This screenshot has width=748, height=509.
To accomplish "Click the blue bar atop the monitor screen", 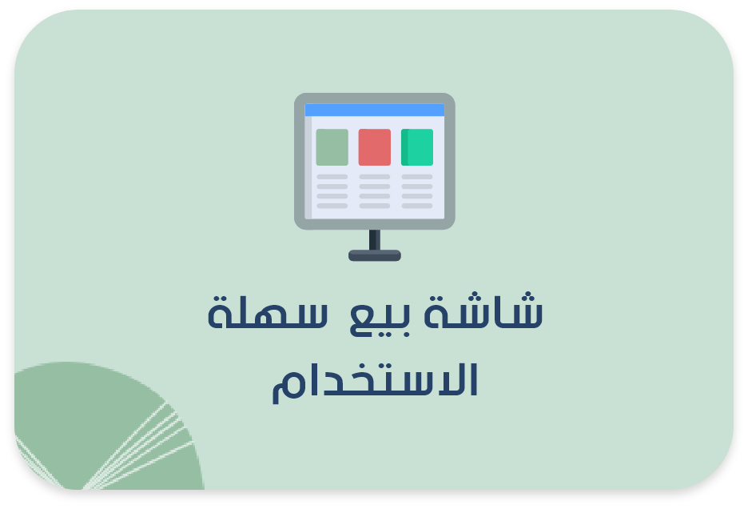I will (x=374, y=110).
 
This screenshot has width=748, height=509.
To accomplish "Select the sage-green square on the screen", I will (x=332, y=147).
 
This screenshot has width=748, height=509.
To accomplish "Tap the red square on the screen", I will (x=374, y=147).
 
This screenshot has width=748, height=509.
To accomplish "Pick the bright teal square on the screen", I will (x=417, y=147).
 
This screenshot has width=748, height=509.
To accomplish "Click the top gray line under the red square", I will (x=374, y=177).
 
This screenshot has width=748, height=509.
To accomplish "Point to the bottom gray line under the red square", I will (x=374, y=206).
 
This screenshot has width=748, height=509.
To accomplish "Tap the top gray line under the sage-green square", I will (x=332, y=177).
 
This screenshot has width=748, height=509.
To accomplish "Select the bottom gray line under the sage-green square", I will (x=332, y=206).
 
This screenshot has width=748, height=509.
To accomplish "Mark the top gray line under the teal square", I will (x=417, y=177).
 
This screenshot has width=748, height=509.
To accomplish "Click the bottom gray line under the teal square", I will (x=417, y=206).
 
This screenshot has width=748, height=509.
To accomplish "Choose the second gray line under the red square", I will (x=374, y=186).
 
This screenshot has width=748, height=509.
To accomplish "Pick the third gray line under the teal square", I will (x=417, y=196).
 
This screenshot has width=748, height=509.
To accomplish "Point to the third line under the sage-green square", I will (x=332, y=196).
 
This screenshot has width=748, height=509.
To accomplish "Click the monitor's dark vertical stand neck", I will (x=374, y=239).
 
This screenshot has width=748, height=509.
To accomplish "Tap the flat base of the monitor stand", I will (x=374, y=255).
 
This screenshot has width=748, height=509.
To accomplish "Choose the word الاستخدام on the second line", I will (x=374, y=383).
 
